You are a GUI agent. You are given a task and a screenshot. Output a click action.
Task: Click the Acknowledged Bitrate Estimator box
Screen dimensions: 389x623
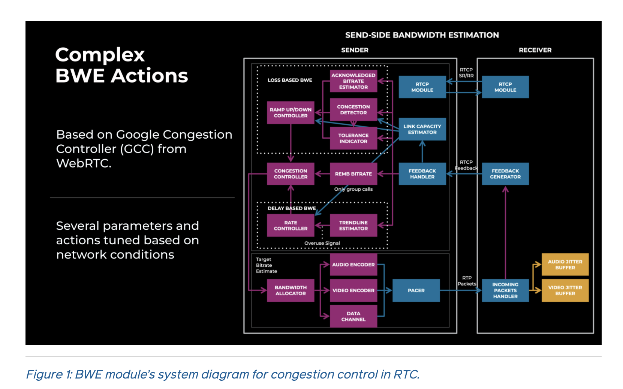[x=353, y=81]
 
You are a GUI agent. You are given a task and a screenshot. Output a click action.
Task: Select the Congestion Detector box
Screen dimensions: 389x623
[x=353, y=109]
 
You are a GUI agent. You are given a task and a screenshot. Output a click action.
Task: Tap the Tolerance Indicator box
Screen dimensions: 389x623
[x=353, y=138]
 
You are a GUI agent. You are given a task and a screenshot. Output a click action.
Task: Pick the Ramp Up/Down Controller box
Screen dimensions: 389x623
[x=291, y=112]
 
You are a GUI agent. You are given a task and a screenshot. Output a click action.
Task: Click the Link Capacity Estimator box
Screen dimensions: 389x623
[x=422, y=129]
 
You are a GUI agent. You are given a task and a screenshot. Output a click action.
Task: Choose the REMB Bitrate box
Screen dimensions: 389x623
[x=353, y=174]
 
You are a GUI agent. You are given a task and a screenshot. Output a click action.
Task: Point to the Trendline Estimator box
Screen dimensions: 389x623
[x=353, y=225]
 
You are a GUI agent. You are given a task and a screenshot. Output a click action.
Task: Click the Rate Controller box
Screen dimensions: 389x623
[x=291, y=225]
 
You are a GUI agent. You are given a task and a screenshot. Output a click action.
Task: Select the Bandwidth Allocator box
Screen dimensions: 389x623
[x=291, y=290]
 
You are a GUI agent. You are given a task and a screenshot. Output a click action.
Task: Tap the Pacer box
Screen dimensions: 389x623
[x=416, y=290]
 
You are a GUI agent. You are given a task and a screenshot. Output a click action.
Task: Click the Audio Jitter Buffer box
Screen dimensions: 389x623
[x=565, y=265]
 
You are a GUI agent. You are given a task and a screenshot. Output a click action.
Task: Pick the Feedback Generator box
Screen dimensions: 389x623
[x=505, y=174]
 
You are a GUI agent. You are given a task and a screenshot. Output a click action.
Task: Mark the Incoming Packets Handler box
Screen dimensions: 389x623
[x=505, y=290]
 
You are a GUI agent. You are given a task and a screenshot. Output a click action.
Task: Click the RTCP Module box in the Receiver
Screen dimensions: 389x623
[x=505, y=87]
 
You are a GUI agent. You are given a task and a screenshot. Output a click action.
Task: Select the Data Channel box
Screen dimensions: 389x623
[x=353, y=316]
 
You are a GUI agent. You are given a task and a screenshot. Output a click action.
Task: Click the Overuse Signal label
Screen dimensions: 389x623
[x=322, y=243]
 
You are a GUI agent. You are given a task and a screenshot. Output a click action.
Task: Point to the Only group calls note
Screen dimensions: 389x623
[x=353, y=189]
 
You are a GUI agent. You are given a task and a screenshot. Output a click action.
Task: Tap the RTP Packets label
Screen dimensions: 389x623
[x=467, y=281]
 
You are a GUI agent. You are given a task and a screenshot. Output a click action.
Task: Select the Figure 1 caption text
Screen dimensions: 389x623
[x=223, y=374]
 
